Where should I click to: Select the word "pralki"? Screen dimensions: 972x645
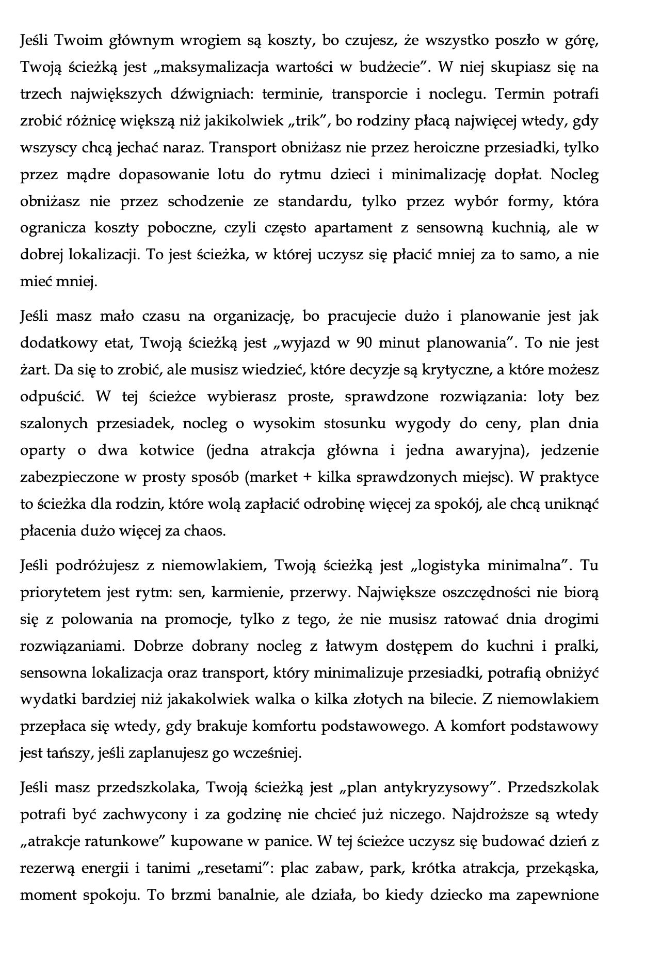pyautogui.click(x=576, y=646)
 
